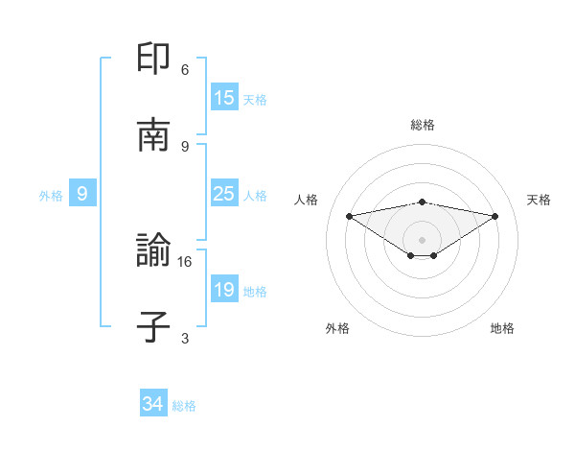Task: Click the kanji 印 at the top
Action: (154, 59)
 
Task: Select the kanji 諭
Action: (154, 250)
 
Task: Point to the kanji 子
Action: (154, 327)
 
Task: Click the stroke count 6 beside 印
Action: (185, 70)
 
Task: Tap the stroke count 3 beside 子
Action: (185, 338)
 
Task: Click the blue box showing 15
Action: (224, 98)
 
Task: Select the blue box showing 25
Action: (224, 194)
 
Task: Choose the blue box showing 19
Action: (224, 290)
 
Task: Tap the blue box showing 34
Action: (153, 404)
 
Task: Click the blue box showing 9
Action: (82, 194)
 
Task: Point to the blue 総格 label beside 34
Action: (184, 406)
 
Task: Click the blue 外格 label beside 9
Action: (51, 196)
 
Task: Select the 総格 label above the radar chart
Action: (423, 125)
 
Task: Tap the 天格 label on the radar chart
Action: (540, 200)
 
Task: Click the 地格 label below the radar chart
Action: (502, 328)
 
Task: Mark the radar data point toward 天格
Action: (495, 216)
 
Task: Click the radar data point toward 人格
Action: (349, 216)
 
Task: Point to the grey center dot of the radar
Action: (423, 239)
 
